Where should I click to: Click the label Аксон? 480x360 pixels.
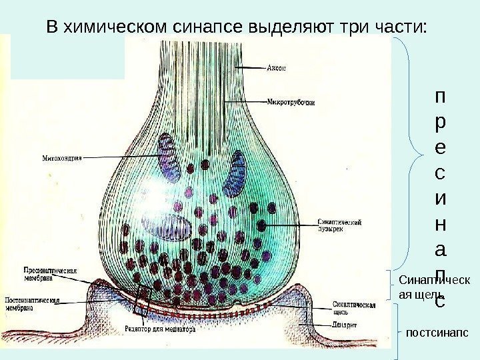pos(278,67)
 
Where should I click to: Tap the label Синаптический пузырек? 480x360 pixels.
pos(335,224)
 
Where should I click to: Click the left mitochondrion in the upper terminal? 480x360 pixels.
pos(169,153)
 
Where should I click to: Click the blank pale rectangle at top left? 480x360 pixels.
pos(67,57)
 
